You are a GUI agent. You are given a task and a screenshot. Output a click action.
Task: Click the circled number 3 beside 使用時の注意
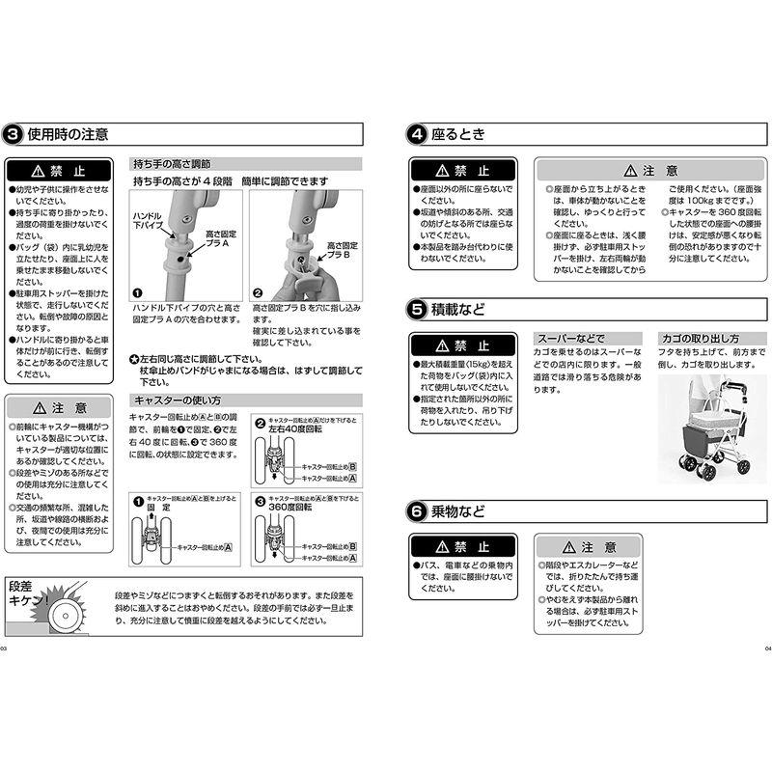pos(14,134)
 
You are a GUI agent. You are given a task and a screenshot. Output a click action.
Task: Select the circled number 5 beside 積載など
pos(415,310)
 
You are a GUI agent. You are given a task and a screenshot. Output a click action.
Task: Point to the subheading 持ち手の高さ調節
pos(172,164)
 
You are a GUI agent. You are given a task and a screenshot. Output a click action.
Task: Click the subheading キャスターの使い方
pos(177,400)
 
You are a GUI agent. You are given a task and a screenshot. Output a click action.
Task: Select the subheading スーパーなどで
pos(569,339)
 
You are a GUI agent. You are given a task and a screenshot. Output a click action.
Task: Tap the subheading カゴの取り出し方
pos(701,339)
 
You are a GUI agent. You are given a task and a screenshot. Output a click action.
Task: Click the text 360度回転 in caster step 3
pos(291,506)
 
